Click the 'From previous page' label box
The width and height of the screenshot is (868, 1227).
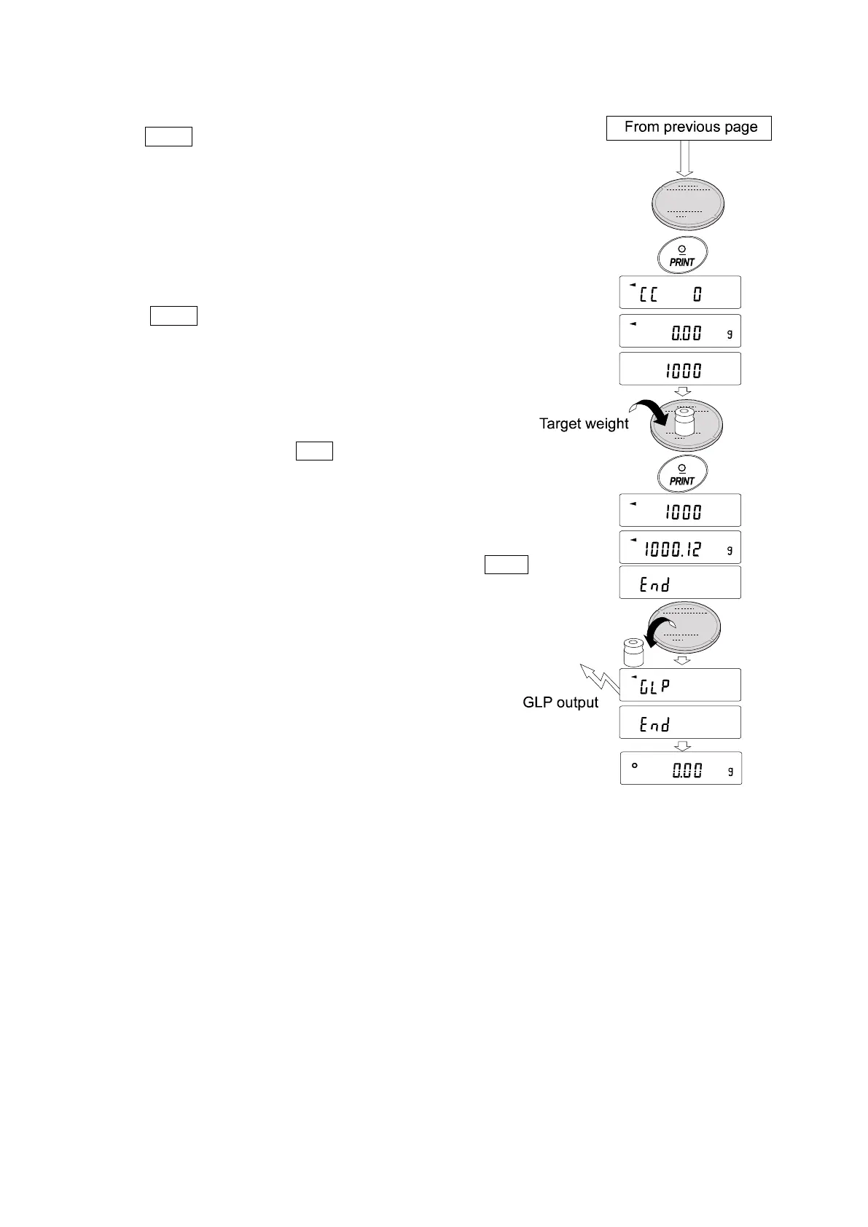point(689,128)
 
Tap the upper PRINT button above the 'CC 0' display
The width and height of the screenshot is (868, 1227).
point(681,256)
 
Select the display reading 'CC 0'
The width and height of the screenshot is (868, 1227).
point(680,292)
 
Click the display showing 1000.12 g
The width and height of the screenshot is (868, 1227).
point(680,548)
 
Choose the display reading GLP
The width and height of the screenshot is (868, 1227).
point(680,685)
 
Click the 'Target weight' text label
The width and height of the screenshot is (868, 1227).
point(583,424)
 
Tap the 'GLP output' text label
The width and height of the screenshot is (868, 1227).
point(560,703)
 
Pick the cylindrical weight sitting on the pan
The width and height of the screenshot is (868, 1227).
point(683,422)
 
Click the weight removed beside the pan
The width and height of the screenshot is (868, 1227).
point(633,652)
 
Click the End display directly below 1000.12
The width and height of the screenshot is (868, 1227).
point(680,583)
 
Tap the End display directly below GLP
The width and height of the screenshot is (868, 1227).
point(680,723)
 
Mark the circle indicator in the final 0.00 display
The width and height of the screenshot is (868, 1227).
point(635,766)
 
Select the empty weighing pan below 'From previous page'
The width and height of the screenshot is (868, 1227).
point(688,201)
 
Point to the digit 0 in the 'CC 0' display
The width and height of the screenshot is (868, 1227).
point(697,294)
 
